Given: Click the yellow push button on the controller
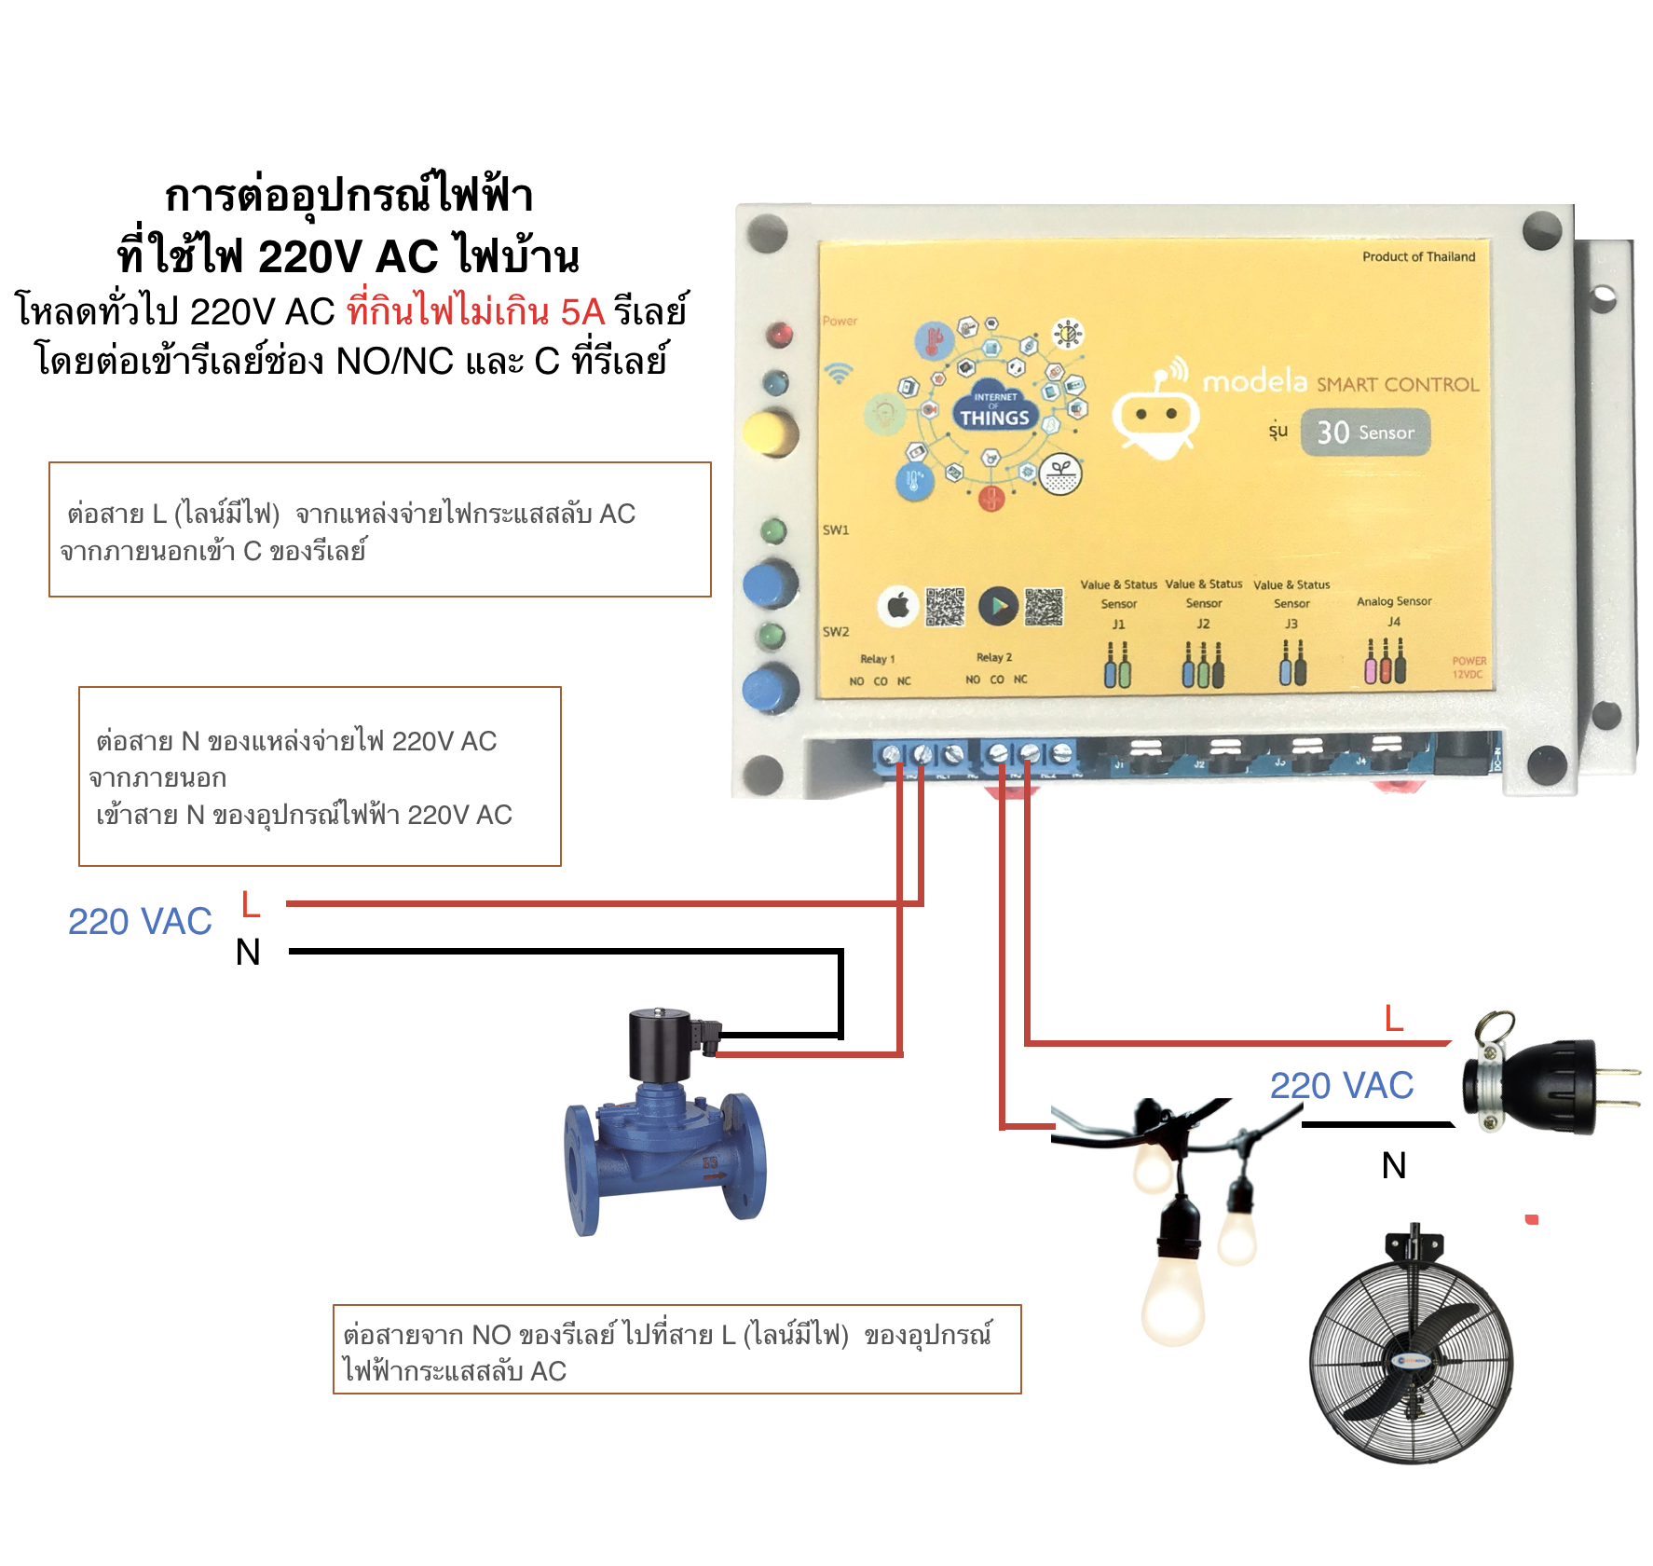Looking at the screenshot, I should pyautogui.click(x=771, y=433).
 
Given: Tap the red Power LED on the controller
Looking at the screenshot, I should pyautogui.click(x=779, y=334).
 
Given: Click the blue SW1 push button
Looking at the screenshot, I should pyautogui.click(x=771, y=585).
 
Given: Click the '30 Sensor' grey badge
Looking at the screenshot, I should pyautogui.click(x=1365, y=433).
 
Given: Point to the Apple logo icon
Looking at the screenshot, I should pyautogui.click(x=898, y=607).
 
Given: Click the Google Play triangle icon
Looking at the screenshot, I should pyautogui.click(x=998, y=607).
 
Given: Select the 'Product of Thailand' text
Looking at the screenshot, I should pyautogui.click(x=1418, y=256).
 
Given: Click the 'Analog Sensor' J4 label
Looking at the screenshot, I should pyautogui.click(x=1394, y=602).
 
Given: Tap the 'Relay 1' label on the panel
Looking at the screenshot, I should pyautogui.click(x=877, y=659).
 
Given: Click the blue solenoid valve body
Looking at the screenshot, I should pyautogui.click(x=663, y=1156).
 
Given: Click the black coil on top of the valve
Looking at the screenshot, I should pyautogui.click(x=659, y=1044).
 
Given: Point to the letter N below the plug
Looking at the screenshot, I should pyautogui.click(x=1394, y=1165).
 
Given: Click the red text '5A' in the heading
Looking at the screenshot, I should pyautogui.click(x=582, y=311).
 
